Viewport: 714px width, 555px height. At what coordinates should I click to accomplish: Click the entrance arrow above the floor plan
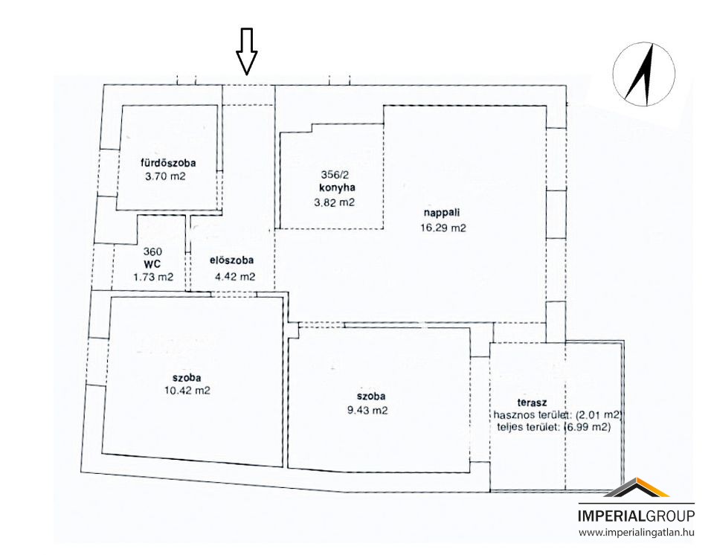(x=246, y=51)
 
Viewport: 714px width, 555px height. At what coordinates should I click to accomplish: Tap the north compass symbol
(x=643, y=74)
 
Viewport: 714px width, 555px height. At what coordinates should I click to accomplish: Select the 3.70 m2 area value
(x=165, y=176)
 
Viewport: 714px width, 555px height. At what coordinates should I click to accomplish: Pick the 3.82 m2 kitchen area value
(x=334, y=203)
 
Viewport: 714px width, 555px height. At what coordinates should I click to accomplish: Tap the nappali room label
(x=442, y=212)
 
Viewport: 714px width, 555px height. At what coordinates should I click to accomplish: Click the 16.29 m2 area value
(x=443, y=228)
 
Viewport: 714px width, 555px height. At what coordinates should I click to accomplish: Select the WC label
(x=152, y=264)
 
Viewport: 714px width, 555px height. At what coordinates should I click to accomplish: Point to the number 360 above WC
(x=152, y=251)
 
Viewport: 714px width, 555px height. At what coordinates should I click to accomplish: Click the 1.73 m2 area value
(x=153, y=277)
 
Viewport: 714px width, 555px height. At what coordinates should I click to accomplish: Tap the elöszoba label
(x=232, y=260)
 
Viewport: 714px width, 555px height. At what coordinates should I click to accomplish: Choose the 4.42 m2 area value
(x=235, y=277)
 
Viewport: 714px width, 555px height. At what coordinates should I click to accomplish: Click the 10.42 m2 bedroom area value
(x=187, y=391)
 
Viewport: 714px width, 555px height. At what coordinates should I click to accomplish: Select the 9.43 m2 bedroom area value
(x=367, y=410)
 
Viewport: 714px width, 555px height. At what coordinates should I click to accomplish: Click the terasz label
(x=532, y=402)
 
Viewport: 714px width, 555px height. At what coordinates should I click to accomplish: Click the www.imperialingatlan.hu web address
(x=637, y=532)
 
